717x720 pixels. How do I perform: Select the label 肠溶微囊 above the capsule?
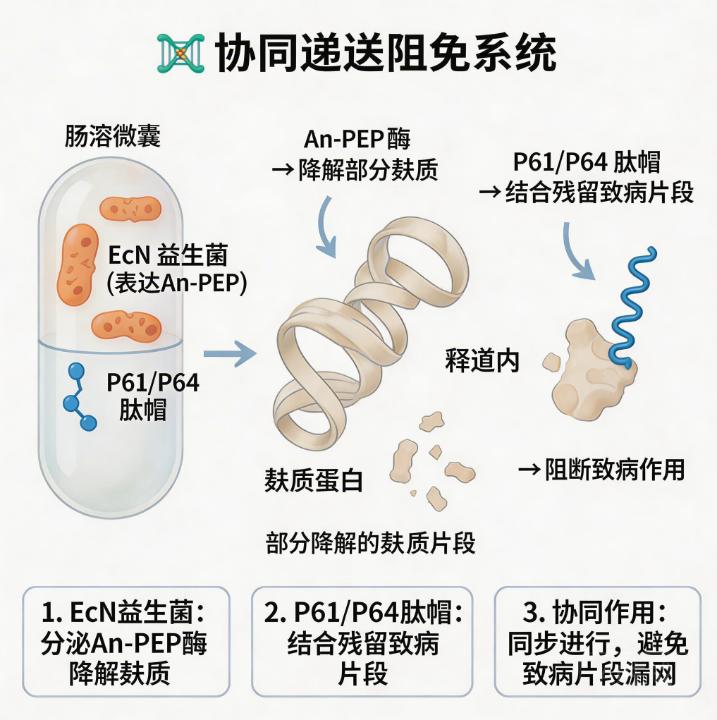(x=113, y=136)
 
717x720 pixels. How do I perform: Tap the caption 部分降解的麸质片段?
(x=370, y=543)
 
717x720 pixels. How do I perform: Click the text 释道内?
(x=482, y=361)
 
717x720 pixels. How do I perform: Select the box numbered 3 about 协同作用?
(x=597, y=642)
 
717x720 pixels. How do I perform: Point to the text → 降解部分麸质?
(x=359, y=169)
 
